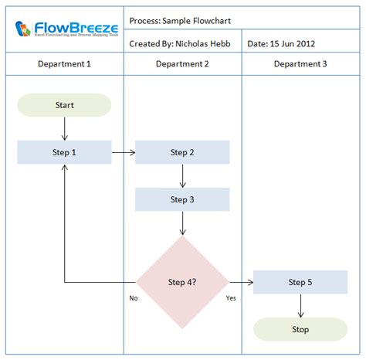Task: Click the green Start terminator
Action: (x=65, y=105)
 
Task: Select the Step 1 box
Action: (x=65, y=152)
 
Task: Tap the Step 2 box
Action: (x=182, y=152)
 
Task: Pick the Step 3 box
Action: (x=182, y=199)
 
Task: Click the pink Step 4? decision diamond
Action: (x=182, y=282)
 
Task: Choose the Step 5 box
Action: (x=300, y=282)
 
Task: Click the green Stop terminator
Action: (x=300, y=329)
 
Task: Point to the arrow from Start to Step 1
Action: (x=65, y=128)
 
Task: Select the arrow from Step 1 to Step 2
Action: (x=124, y=152)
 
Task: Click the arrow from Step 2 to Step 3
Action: (x=182, y=175)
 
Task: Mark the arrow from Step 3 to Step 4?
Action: (x=182, y=223)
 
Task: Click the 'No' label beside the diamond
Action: (x=134, y=297)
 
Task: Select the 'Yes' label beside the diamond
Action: (x=231, y=297)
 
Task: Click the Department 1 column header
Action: (x=65, y=64)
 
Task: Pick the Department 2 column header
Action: (x=182, y=64)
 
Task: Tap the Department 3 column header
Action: (x=300, y=64)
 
